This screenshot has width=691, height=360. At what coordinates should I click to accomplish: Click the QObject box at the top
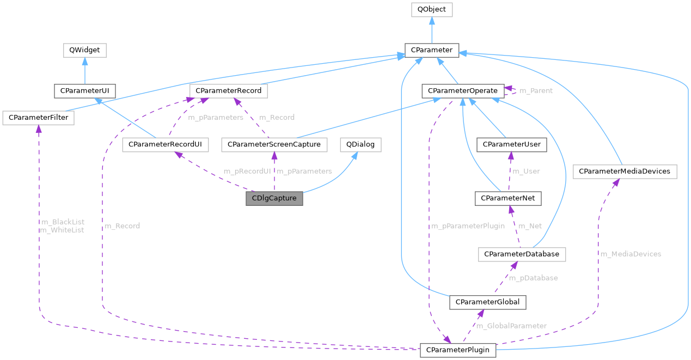431,9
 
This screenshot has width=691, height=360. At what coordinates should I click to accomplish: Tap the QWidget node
84,50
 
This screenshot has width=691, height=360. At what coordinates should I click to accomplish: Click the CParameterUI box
84,90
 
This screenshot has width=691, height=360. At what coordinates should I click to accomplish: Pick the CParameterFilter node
38,117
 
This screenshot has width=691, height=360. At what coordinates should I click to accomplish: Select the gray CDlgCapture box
274,198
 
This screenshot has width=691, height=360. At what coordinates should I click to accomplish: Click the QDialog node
360,144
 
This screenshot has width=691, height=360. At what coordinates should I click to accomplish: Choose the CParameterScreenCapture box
274,144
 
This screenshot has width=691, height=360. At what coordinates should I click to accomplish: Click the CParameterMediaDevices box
625,172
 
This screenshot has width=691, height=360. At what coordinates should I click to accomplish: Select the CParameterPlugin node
457,350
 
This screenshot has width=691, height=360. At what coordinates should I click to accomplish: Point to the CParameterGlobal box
487,302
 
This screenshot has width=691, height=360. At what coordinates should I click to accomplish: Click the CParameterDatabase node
522,254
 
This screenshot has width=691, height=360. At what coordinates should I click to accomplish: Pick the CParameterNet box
508,199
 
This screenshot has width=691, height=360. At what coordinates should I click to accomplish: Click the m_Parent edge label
536,90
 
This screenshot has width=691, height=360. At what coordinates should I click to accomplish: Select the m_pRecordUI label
247,171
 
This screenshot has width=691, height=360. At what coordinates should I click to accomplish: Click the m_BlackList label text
63,222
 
